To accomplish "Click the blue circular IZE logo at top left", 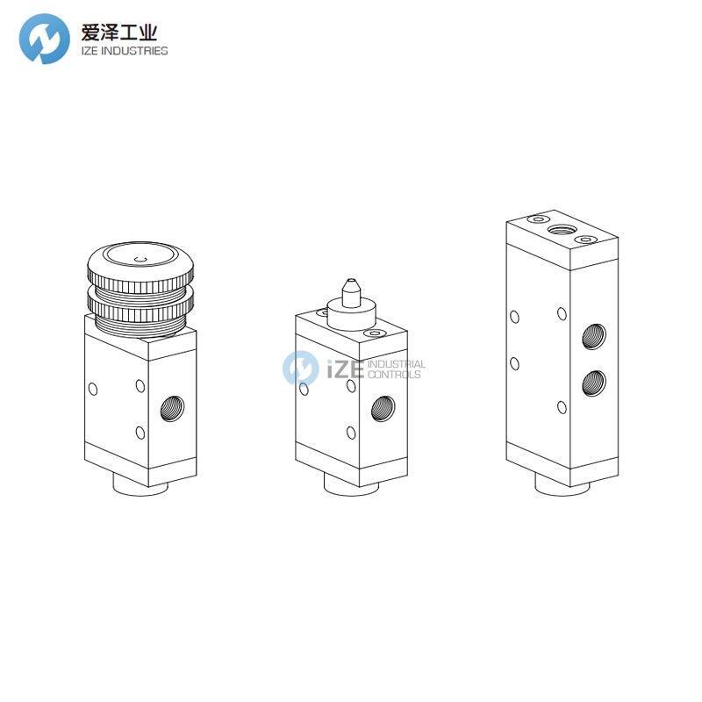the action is pyautogui.click(x=45, y=39).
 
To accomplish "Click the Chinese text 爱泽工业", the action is pyautogui.click(x=119, y=32).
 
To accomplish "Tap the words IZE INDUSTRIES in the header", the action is pyautogui.click(x=125, y=51).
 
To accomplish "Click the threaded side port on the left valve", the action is pyautogui.click(x=172, y=408).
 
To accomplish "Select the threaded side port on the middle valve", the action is pyautogui.click(x=383, y=408).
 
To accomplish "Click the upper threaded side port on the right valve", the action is pyautogui.click(x=594, y=336).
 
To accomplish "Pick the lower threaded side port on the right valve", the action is pyautogui.click(x=594, y=383).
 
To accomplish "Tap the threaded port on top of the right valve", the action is pyautogui.click(x=562, y=230).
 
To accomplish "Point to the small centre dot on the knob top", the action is pyautogui.click(x=140, y=259).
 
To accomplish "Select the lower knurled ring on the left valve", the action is pyautogui.click(x=140, y=304).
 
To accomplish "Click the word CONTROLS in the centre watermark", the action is pyautogui.click(x=394, y=375).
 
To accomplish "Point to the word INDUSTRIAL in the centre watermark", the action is pyautogui.click(x=397, y=364).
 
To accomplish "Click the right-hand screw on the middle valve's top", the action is pyautogui.click(x=375, y=333).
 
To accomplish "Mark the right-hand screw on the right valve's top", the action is pyautogui.click(x=585, y=240).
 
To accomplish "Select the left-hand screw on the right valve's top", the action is pyautogui.click(x=539, y=218).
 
